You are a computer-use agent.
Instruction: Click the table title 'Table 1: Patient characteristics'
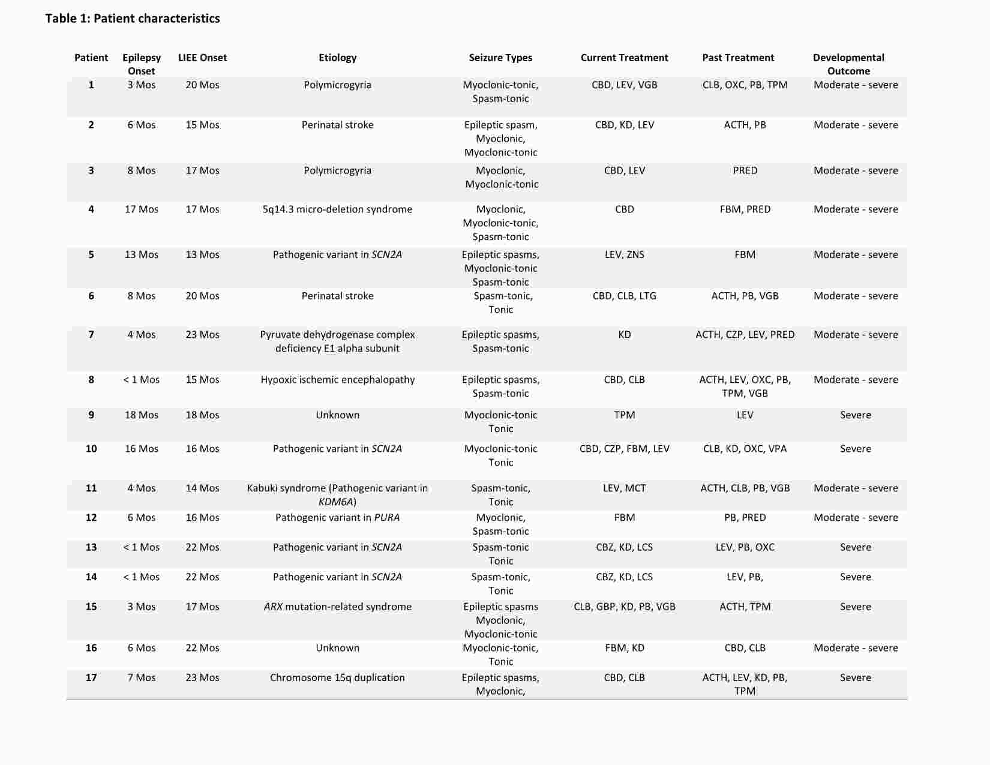(x=133, y=19)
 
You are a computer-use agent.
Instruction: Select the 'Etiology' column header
(x=337, y=58)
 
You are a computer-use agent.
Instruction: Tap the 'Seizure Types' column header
(x=500, y=58)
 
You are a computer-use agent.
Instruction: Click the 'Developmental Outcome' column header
(x=848, y=64)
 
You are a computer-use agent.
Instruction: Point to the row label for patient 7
(x=91, y=335)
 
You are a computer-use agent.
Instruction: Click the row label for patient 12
(x=91, y=518)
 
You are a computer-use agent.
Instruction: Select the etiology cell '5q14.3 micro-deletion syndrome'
(x=337, y=209)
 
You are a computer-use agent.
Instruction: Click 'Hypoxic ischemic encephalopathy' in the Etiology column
(x=337, y=380)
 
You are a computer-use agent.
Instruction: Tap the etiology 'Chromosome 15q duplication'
(x=337, y=677)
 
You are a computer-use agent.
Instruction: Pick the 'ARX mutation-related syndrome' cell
(x=337, y=607)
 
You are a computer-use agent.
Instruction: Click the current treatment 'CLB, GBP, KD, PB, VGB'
(x=624, y=607)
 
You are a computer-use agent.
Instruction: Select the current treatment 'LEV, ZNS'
(x=624, y=254)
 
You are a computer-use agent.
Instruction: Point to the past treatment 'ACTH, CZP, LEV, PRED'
(x=745, y=335)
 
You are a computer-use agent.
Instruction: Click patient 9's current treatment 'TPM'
(x=624, y=415)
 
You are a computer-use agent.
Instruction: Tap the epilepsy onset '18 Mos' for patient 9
(x=142, y=415)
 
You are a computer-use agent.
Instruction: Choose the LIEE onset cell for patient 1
(x=202, y=85)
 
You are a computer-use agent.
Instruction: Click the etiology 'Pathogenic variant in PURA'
(x=337, y=518)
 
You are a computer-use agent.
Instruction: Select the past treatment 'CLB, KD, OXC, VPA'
(x=745, y=449)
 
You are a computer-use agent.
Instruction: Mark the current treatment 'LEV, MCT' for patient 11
(x=624, y=488)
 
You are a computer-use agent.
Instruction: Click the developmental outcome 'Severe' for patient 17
(x=855, y=677)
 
